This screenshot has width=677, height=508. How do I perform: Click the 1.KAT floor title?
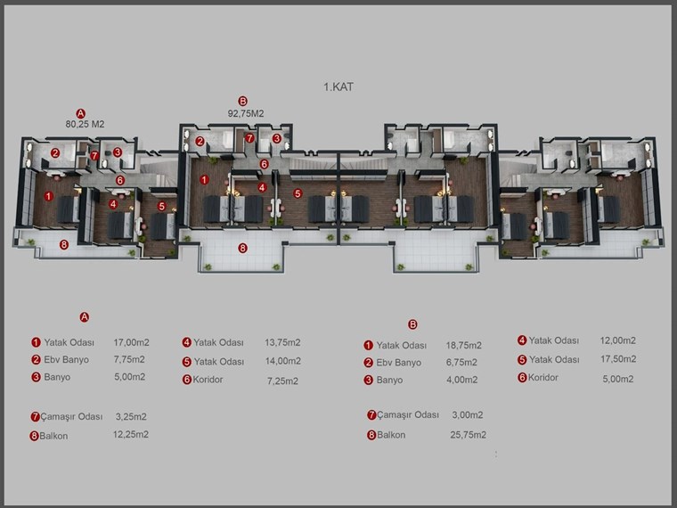[338, 86]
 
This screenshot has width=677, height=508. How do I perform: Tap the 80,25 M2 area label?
[85, 125]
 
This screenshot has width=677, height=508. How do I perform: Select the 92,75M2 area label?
[246, 113]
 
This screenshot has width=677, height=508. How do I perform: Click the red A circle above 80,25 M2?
[81, 113]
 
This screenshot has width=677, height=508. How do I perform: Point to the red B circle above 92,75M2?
[243, 102]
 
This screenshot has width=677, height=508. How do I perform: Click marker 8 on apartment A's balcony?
[64, 245]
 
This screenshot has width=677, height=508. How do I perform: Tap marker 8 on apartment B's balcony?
[242, 248]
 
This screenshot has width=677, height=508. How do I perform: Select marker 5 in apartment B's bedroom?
[298, 193]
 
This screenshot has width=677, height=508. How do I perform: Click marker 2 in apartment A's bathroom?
[55, 152]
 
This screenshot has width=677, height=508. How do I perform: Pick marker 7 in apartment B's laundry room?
[249, 138]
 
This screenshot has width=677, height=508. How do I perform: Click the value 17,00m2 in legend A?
[131, 342]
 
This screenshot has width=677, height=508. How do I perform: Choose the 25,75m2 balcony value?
[468, 435]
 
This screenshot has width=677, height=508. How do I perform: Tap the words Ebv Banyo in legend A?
[67, 360]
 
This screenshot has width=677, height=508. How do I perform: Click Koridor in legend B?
[543, 378]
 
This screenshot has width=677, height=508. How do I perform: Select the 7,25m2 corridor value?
[282, 381]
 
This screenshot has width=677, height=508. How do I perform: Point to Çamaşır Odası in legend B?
[408, 415]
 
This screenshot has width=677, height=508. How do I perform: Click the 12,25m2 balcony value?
[131, 435]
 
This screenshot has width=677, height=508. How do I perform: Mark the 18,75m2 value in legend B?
[464, 346]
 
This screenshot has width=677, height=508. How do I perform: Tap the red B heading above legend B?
[412, 324]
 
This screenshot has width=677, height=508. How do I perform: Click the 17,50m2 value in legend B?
[618, 359]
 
